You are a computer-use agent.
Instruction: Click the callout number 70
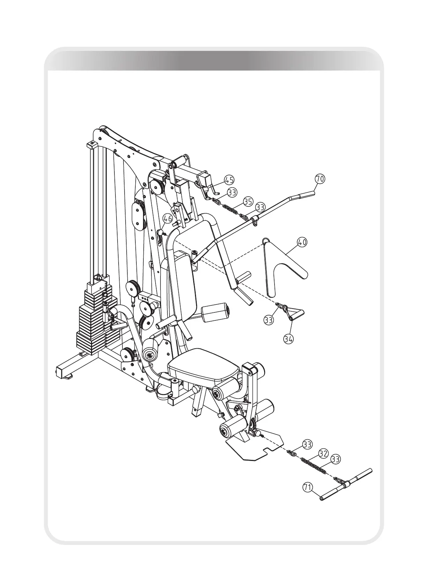(320, 179)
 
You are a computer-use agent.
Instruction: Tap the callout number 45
(229, 180)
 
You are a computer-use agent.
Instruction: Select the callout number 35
(248, 201)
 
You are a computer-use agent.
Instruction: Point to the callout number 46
(168, 219)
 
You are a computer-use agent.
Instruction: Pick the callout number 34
(288, 339)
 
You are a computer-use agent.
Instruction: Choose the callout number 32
(323, 454)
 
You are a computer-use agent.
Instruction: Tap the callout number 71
(307, 487)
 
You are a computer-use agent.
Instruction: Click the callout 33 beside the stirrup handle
(268, 320)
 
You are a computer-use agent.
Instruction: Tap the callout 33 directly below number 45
(232, 192)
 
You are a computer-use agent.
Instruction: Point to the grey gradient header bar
(214, 61)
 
